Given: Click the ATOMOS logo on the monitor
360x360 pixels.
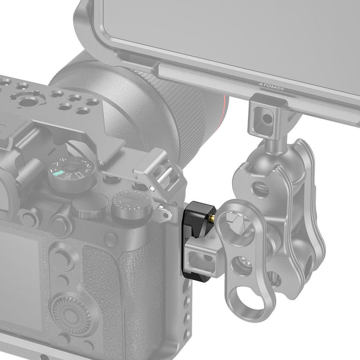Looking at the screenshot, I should coord(272,86).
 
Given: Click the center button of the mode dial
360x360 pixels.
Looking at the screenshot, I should coord(72,173).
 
